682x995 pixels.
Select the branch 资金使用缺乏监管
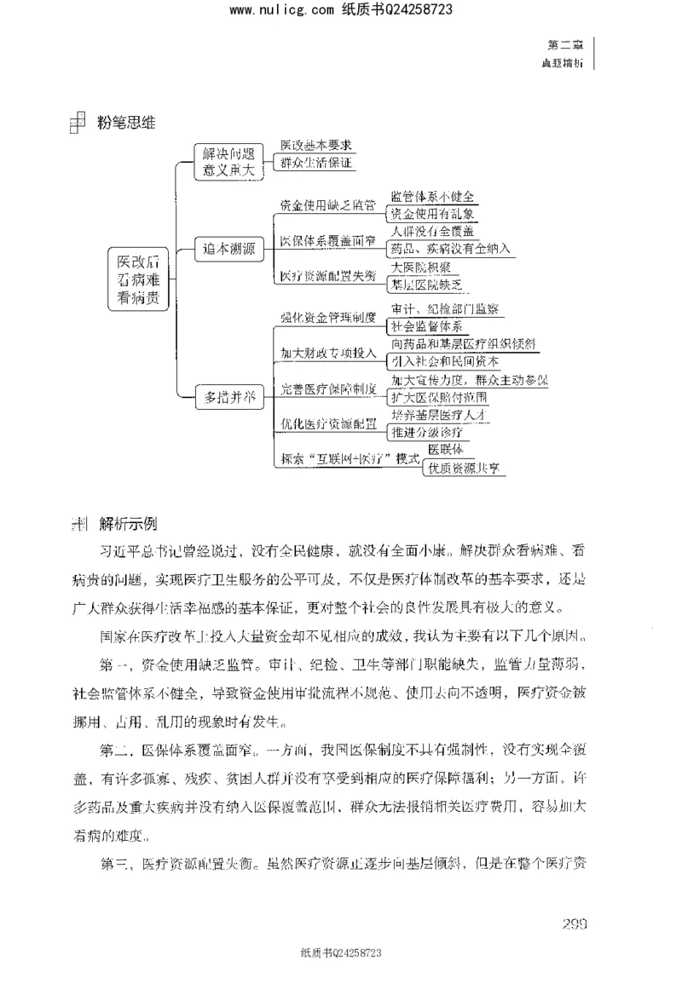[327, 205]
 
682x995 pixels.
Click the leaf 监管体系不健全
[432, 197]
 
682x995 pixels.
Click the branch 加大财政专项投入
[329, 352]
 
